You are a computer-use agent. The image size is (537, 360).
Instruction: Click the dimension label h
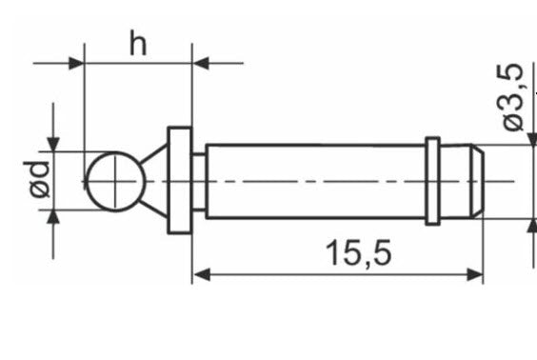point(139,44)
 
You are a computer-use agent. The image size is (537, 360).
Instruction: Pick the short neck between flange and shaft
point(199,181)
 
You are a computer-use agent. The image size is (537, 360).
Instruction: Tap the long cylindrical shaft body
point(314,181)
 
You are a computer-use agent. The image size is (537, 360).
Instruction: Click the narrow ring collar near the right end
point(432,181)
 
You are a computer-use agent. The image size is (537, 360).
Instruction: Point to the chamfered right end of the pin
point(475,181)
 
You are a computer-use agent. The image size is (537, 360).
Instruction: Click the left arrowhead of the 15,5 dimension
point(200,275)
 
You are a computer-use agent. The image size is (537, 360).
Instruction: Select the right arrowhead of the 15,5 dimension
point(475,275)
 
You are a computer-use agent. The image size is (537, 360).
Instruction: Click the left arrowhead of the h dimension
point(76,64)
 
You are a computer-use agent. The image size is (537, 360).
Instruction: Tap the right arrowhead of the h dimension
point(201,64)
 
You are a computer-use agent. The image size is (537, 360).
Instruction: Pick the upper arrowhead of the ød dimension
point(53,142)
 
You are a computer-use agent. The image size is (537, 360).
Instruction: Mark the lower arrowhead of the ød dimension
point(53,218)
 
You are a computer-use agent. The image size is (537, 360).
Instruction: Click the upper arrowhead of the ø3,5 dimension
point(528,139)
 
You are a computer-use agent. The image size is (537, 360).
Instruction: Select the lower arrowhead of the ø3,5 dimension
point(528,225)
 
